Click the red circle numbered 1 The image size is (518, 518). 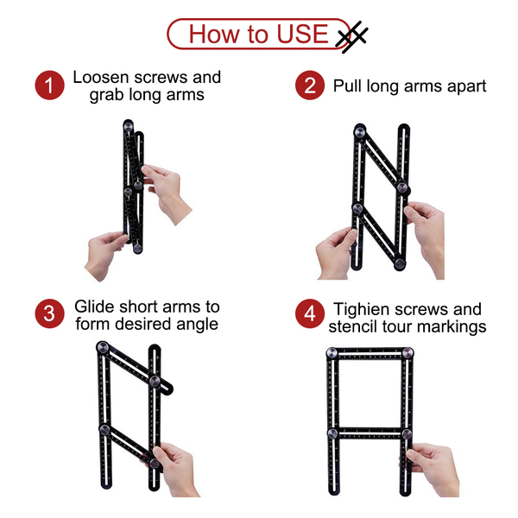click(49, 85)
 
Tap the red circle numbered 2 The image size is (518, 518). click(310, 85)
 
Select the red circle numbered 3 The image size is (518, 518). click(49, 313)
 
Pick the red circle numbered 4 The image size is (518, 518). click(310, 313)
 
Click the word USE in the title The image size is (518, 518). click(302, 34)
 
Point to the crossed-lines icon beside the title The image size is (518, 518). click(351, 37)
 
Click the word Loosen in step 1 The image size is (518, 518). click(101, 78)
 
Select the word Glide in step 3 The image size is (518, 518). click(95, 306)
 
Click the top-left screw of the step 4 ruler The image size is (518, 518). click(332, 352)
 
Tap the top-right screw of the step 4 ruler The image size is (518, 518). click(407, 352)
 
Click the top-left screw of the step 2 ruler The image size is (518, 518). click(359, 132)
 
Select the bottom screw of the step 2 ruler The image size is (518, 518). click(400, 263)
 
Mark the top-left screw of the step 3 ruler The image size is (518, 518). click(103, 347)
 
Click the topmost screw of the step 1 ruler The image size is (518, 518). click(128, 126)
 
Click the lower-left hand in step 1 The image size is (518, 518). click(106, 255)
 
